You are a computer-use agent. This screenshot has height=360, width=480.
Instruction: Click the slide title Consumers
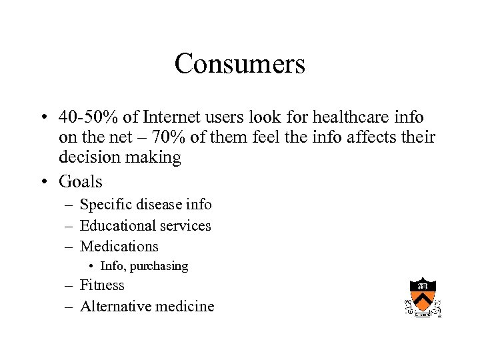pyautogui.click(x=239, y=64)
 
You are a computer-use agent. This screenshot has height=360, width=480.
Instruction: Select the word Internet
pyautogui.click(x=174, y=117)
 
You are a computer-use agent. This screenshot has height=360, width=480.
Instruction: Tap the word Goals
pyautogui.click(x=81, y=181)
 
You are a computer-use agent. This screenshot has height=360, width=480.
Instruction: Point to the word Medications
pyautogui.click(x=119, y=247)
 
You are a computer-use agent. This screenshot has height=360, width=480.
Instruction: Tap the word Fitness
pyautogui.click(x=102, y=285)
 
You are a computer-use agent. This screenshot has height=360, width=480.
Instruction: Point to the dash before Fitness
pyautogui.click(x=69, y=286)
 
